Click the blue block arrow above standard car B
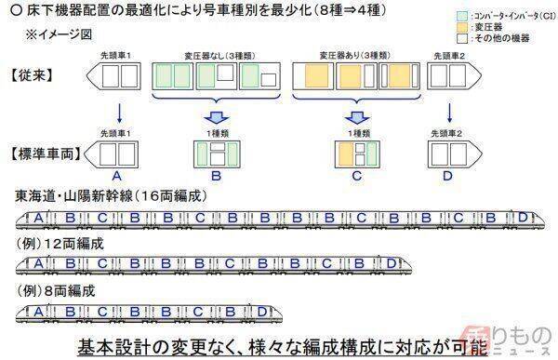click(x=213, y=117)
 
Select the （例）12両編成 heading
click(x=60, y=245)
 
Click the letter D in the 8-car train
click(x=262, y=311)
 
